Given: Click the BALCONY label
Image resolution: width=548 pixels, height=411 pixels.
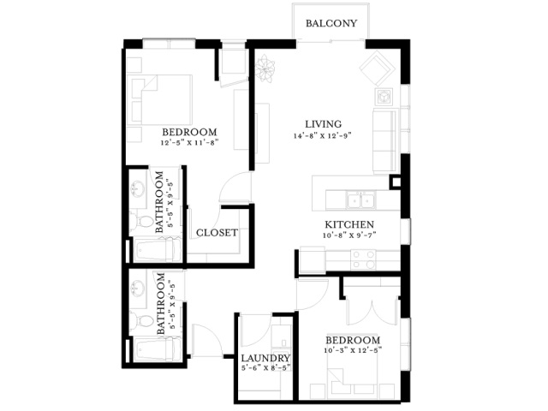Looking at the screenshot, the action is pyautogui.click(x=331, y=23).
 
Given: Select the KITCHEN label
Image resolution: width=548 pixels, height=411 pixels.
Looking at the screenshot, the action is pyautogui.click(x=349, y=224).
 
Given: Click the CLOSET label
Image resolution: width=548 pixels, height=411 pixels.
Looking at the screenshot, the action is pyautogui.click(x=217, y=233).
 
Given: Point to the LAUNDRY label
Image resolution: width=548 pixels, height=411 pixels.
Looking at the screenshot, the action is pyautogui.click(x=265, y=358).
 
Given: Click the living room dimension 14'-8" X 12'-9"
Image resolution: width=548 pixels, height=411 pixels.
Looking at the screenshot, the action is pyautogui.click(x=322, y=135).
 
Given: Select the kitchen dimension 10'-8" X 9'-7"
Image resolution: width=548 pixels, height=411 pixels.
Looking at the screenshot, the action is pyautogui.click(x=349, y=235).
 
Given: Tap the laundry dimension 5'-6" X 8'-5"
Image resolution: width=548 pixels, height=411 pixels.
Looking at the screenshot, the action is pyautogui.click(x=265, y=368).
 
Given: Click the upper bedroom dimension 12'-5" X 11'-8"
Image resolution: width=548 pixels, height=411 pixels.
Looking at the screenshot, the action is pyautogui.click(x=189, y=143).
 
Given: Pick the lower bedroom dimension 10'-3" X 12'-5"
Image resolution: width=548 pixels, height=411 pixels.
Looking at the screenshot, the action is pyautogui.click(x=353, y=350).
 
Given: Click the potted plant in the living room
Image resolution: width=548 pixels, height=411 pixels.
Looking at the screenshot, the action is pyautogui.click(x=265, y=68).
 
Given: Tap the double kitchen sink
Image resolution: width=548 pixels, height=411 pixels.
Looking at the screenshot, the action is pyautogui.click(x=360, y=200).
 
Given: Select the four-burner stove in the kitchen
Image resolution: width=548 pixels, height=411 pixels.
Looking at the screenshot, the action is pyautogui.click(x=363, y=259).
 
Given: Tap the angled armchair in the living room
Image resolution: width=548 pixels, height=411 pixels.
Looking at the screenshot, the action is pyautogui.click(x=375, y=68).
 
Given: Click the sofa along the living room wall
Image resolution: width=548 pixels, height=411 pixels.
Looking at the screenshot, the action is pyautogui.click(x=385, y=140).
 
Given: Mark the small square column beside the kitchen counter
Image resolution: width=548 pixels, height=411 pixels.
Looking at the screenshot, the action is pyautogui.click(x=396, y=182).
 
